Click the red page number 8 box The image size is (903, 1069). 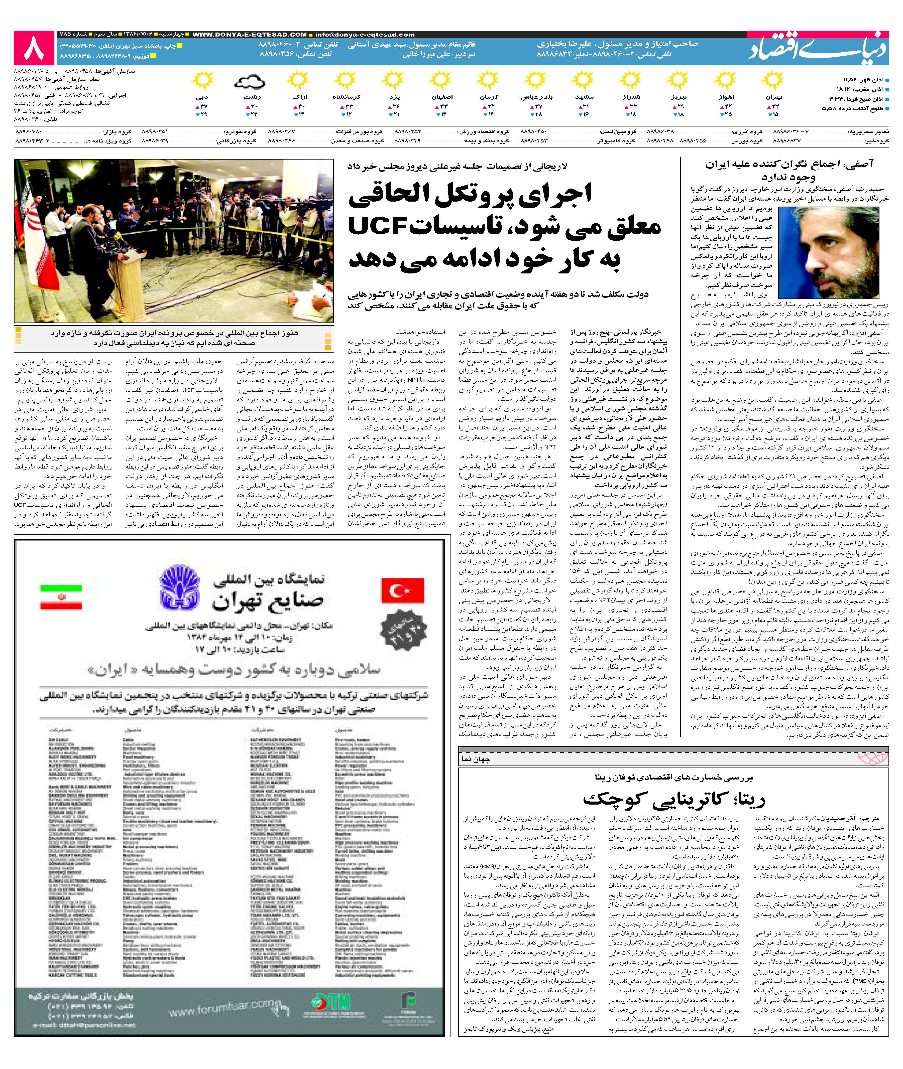34,48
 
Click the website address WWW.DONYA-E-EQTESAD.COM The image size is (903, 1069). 250,34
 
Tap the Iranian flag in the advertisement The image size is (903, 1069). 61,597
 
